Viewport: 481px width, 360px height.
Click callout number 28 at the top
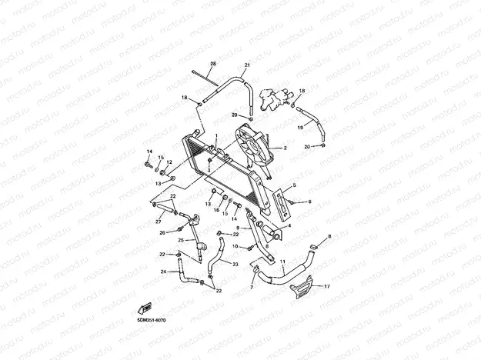[213, 63]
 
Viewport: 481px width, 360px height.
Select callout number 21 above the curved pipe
[247, 65]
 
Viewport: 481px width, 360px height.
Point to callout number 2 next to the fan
[285, 148]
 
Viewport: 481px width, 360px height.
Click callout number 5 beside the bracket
[293, 186]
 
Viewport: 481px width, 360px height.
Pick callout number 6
[309, 202]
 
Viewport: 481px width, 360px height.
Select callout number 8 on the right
[329, 236]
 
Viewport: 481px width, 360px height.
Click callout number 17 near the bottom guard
[327, 286]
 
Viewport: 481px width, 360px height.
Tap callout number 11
[282, 262]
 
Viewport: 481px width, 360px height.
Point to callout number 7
[251, 288]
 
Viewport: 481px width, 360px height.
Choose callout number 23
[235, 264]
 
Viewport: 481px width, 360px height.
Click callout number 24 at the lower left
[163, 272]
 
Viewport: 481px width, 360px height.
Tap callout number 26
[162, 232]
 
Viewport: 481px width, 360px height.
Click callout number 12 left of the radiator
[169, 162]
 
